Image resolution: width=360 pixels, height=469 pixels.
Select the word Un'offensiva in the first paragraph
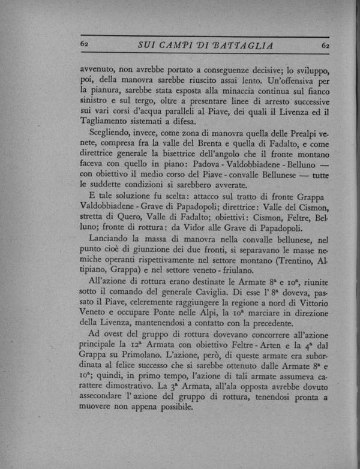(x=292, y=79)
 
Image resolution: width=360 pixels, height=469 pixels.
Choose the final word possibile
(x=171, y=423)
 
